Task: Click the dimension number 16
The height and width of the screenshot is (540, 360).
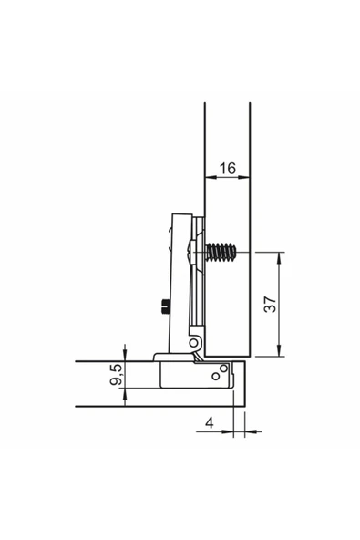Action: pyautogui.click(x=228, y=169)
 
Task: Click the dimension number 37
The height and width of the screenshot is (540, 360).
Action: pyautogui.click(x=270, y=304)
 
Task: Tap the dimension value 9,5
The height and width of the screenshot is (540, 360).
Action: pyautogui.click(x=116, y=374)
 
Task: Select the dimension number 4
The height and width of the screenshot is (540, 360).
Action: pyautogui.click(x=210, y=422)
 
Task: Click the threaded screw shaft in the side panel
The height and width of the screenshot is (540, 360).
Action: pyautogui.click(x=221, y=253)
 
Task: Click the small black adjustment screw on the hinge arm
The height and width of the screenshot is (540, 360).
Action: pyautogui.click(x=165, y=306)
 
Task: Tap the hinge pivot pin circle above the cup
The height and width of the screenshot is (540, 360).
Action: pyautogui.click(x=194, y=343)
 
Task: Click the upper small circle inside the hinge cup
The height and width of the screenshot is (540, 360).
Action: pyautogui.click(x=223, y=369)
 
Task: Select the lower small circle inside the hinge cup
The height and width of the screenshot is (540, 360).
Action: pyautogui.click(x=216, y=376)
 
